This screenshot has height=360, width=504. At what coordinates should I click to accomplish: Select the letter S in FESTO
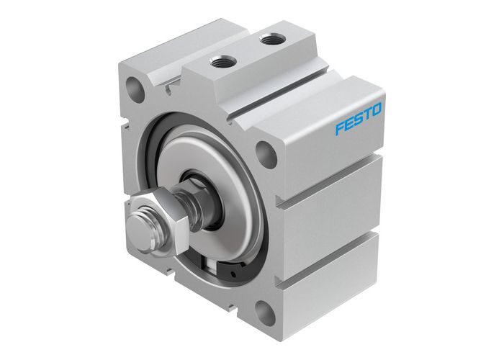pyautogui.click(x=358, y=120)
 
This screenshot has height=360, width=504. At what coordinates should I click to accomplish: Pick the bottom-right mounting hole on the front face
pyautogui.click(x=264, y=313)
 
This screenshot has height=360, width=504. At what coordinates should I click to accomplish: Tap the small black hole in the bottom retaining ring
pyautogui.click(x=231, y=275)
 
